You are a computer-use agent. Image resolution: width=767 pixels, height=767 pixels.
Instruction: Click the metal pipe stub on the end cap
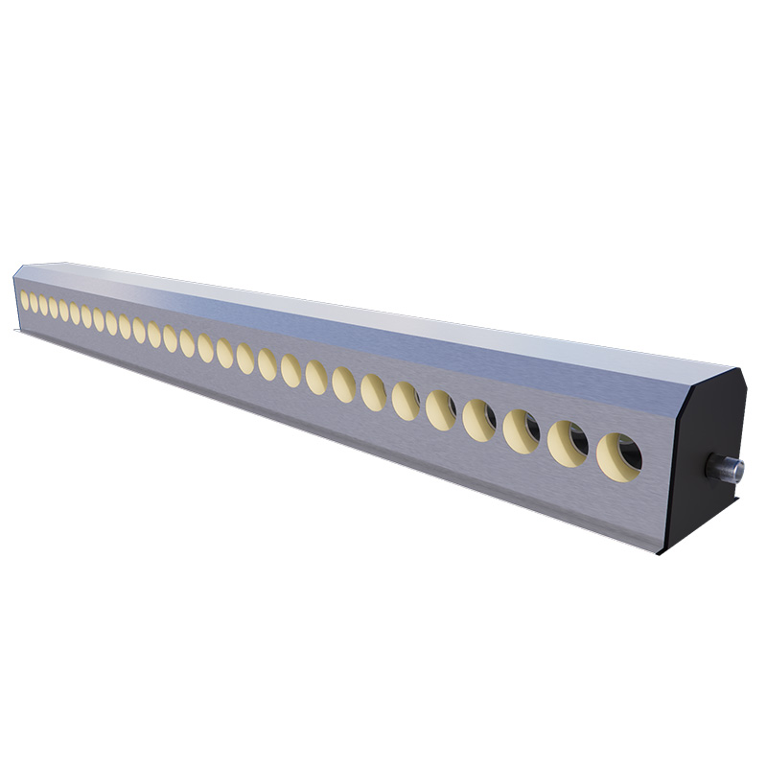[725, 468]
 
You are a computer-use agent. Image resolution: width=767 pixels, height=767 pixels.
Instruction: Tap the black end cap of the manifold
[705, 431]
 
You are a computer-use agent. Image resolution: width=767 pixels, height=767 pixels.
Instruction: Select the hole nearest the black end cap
[619, 456]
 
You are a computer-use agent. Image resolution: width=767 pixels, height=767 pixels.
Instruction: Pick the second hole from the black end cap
[568, 443]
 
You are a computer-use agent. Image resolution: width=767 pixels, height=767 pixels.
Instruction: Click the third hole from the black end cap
[522, 430]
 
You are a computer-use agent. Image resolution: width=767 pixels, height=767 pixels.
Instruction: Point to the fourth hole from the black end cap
[479, 420]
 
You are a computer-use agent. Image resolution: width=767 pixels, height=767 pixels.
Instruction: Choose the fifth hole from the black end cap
[441, 409]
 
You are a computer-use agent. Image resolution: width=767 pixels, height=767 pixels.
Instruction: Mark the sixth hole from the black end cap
[406, 401]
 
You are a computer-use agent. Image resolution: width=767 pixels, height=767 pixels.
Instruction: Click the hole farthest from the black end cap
[25, 300]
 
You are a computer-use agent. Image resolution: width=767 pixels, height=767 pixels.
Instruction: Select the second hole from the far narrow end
[34, 303]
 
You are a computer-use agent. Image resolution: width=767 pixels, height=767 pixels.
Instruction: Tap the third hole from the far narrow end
[43, 305]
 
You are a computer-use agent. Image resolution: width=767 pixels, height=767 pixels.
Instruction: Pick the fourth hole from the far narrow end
[54, 308]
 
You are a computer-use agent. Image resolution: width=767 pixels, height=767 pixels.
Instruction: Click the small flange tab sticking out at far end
[17, 332]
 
